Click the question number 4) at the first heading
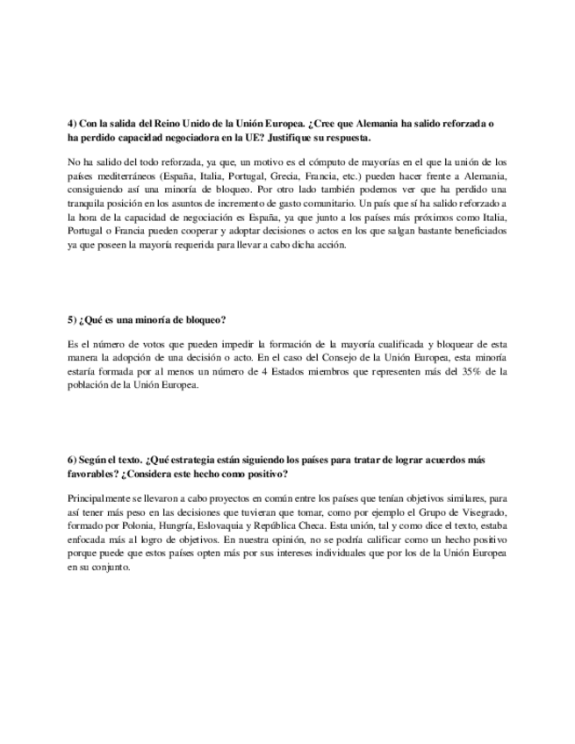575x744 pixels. (x=72, y=125)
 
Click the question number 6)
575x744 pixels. (x=72, y=460)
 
